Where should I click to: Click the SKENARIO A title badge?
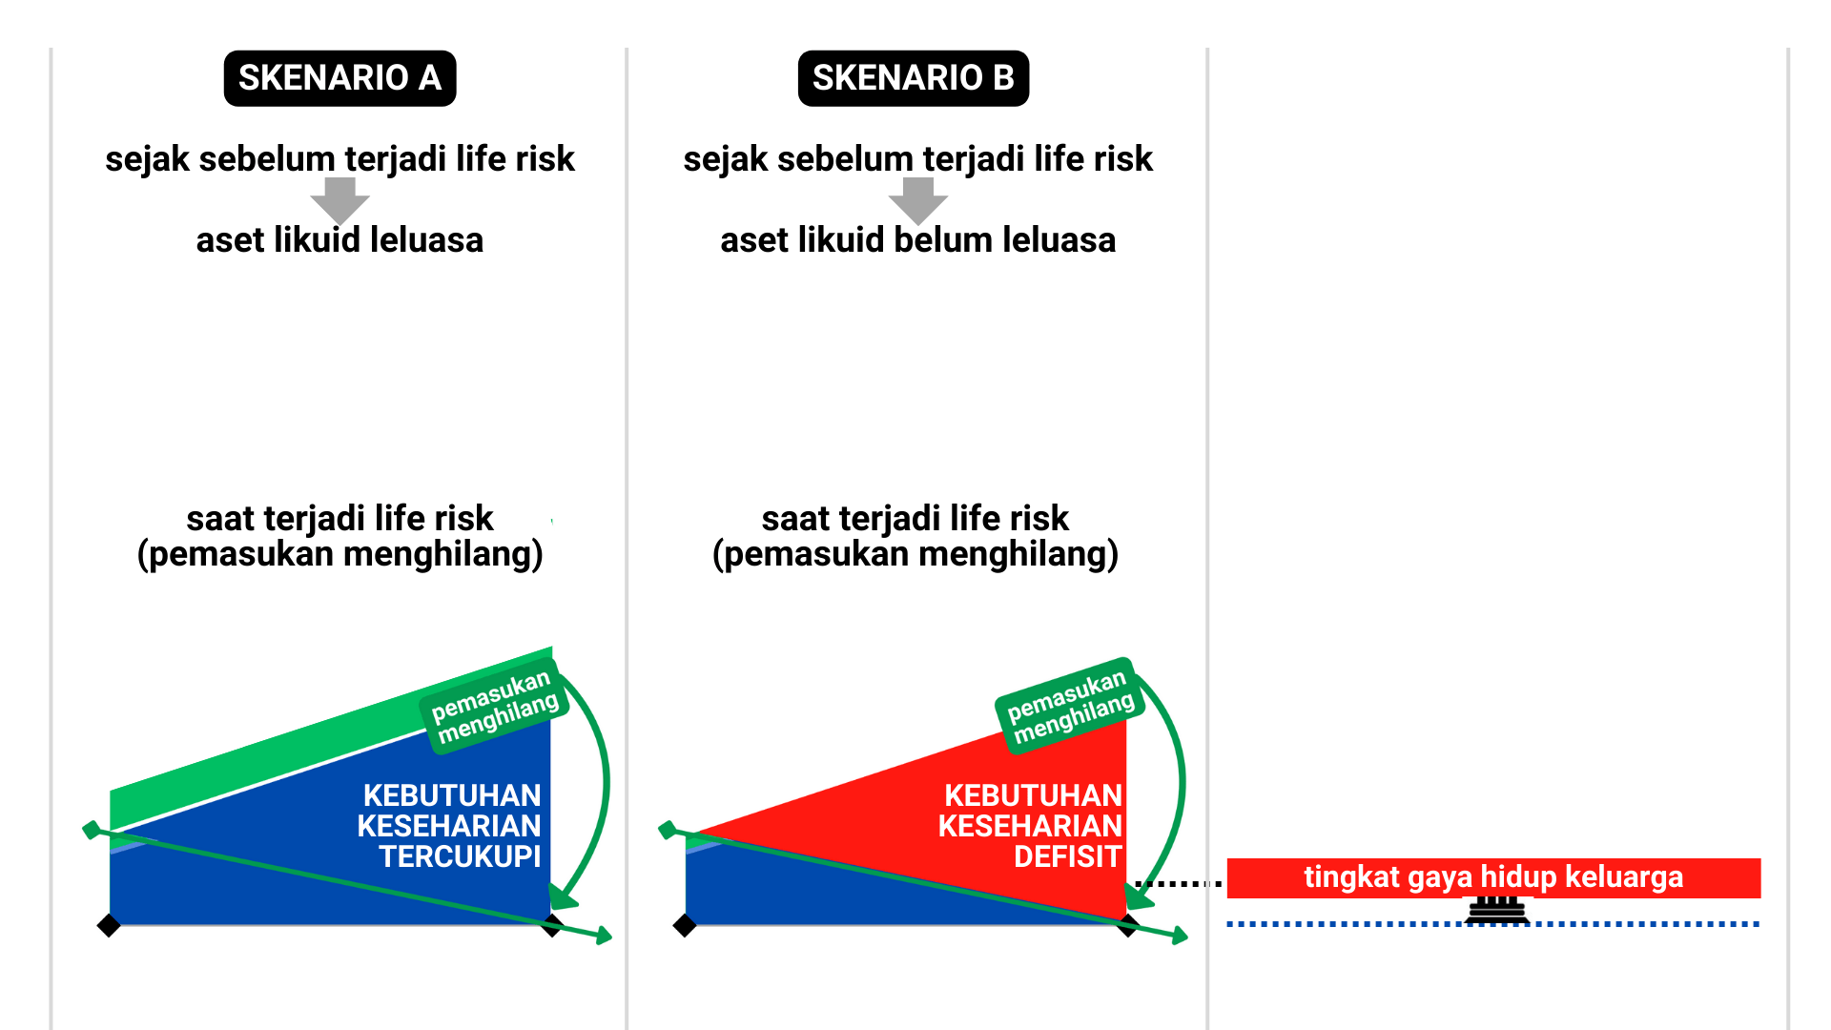pos(339,78)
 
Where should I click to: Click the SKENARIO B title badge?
pos(914,78)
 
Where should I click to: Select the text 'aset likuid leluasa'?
pos(339,240)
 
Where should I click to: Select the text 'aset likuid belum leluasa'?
pos(917,240)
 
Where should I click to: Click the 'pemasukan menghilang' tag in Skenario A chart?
pos(494,707)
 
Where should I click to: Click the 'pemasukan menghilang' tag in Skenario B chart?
pos(1070,707)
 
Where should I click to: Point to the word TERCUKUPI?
pos(460,856)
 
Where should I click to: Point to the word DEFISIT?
pos(1067,856)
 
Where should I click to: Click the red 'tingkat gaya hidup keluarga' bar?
pos(1493,877)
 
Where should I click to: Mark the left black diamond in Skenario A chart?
pos(109,925)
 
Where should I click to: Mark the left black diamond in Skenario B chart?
pos(685,925)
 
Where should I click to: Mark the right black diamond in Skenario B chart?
pos(1128,926)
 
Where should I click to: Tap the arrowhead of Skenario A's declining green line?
pos(604,936)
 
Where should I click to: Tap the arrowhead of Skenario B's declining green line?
pos(1180,936)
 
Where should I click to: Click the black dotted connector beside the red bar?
pos(1179,884)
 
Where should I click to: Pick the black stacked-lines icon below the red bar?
pos(1496,910)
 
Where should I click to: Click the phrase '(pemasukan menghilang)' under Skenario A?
pos(339,554)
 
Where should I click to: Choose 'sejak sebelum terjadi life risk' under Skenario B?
pos(917,159)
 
